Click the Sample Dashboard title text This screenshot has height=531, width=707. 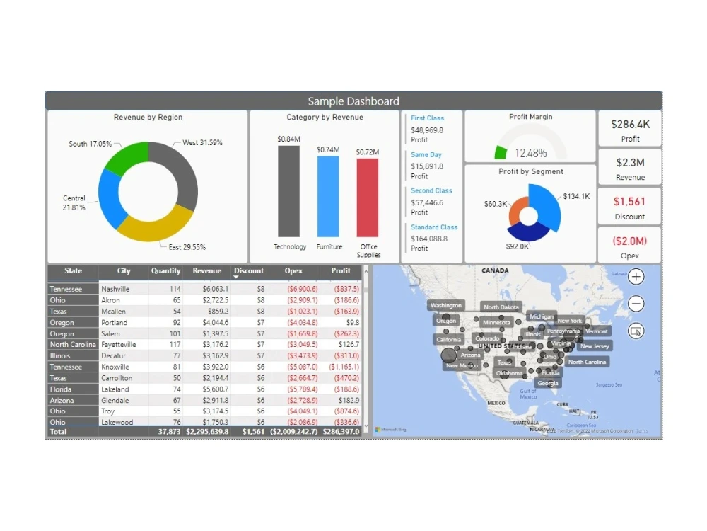(353, 101)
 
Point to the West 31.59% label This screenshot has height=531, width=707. (202, 143)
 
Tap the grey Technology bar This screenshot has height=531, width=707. (288, 191)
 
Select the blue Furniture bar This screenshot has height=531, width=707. (328, 196)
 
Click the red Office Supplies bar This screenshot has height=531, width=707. (367, 198)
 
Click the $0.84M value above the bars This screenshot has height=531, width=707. (288, 139)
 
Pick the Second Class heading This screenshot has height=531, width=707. (431, 191)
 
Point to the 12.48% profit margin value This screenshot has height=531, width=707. (530, 153)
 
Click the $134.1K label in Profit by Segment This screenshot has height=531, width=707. (576, 197)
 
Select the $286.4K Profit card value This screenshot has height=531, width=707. (630, 124)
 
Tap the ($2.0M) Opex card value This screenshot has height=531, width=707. (630, 241)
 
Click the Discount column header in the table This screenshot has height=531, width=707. (249, 271)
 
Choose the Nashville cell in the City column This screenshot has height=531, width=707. (115, 289)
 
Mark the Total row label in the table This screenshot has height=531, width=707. (58, 431)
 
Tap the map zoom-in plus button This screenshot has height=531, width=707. (636, 277)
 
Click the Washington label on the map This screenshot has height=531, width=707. (446, 306)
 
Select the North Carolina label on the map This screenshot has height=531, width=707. (587, 362)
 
